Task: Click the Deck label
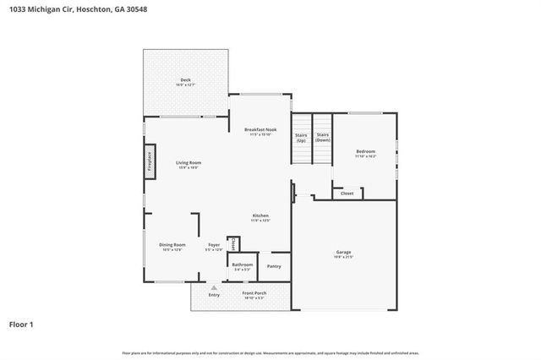point(185,81)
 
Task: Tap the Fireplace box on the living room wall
point(150,161)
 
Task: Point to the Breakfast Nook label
point(260,131)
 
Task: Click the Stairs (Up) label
point(301,137)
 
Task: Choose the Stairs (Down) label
point(322,137)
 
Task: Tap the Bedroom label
point(365,153)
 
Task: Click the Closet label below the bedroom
point(347,194)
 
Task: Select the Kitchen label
point(260,218)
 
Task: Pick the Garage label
point(343,254)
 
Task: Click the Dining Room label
point(172,247)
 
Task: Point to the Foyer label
point(214,247)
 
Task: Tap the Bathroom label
point(243,266)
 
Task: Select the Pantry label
point(274,266)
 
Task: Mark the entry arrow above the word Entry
point(214,287)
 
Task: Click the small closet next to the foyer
point(234,243)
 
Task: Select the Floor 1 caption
point(22,324)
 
